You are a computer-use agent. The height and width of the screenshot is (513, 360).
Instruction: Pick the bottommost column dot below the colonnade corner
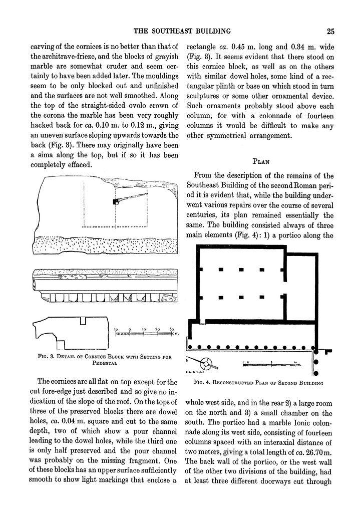click(x=316, y=372)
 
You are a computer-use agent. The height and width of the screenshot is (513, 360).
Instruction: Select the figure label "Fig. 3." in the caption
click(x=47, y=357)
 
